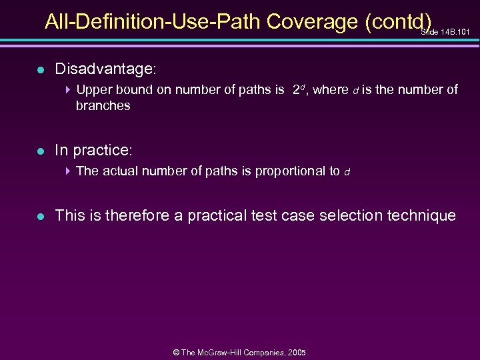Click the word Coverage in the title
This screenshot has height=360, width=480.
click(x=312, y=22)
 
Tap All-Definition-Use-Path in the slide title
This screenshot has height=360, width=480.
click(x=153, y=22)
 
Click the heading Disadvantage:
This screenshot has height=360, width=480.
click(x=106, y=69)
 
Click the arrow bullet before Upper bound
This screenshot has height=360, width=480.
click(x=69, y=89)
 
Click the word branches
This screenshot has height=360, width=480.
click(x=103, y=105)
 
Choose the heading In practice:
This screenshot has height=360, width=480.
click(x=94, y=150)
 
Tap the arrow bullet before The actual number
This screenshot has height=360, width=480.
click(x=69, y=171)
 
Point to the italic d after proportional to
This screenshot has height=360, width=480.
click(x=347, y=172)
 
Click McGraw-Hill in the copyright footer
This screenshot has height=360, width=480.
click(x=226, y=352)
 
